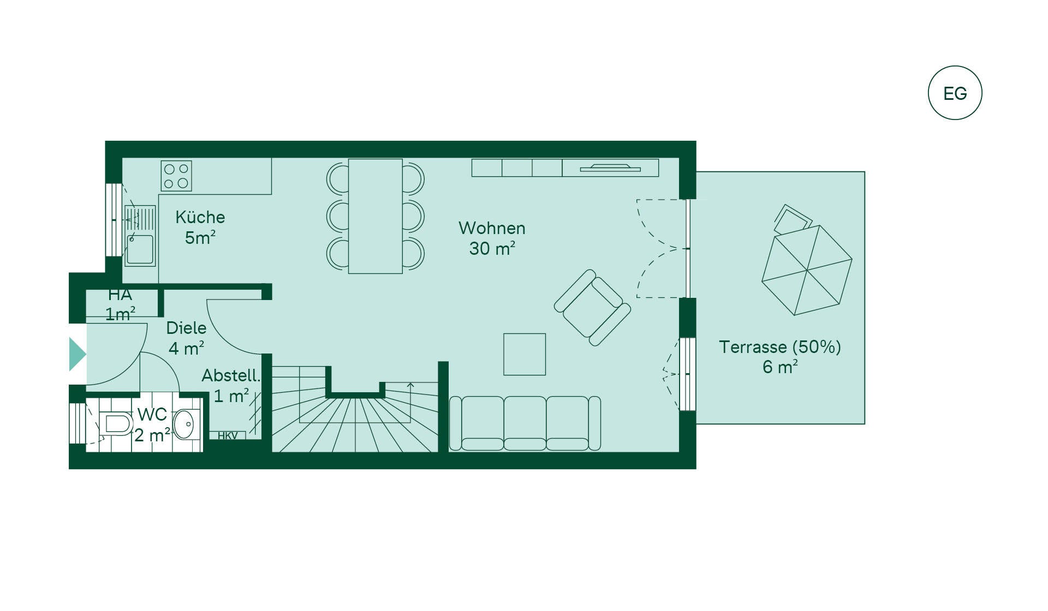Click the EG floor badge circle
[955, 67]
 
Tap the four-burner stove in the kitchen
[176, 176]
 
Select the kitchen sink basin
[140, 249]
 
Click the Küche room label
[200, 217]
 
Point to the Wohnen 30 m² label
[492, 238]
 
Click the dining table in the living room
[376, 216]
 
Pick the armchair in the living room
[592, 308]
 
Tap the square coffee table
[525, 354]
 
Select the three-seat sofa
[525, 423]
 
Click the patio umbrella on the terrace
[807, 270]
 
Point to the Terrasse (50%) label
[780, 347]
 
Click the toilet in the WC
[116, 424]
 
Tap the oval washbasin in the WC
[184, 424]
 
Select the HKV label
[228, 436]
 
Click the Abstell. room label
[231, 375]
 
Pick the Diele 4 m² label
[187, 338]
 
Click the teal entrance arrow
[78, 355]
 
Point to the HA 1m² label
[120, 304]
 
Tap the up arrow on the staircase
[410, 385]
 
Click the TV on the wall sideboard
[610, 168]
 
